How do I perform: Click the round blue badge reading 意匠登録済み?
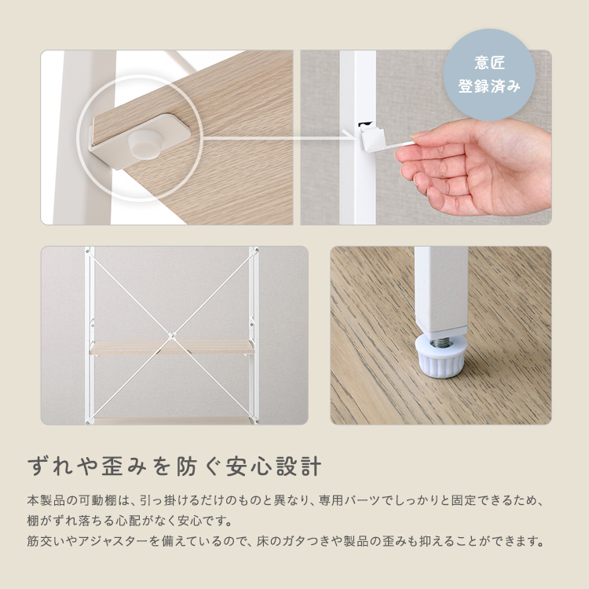pyautogui.click(x=489, y=75)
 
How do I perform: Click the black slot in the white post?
pyautogui.click(x=364, y=124)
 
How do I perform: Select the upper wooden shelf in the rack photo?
pyautogui.click(x=172, y=347)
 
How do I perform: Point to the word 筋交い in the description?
pyautogui.click(x=48, y=542)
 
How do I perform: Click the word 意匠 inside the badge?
pyautogui.click(x=489, y=63)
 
